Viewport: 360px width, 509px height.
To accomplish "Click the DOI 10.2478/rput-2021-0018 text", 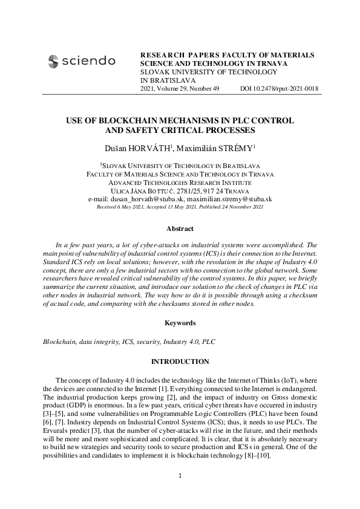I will tap(280, 89).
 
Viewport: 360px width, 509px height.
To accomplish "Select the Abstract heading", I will tap(180, 229).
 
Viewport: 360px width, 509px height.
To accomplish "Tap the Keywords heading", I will tap(180, 323).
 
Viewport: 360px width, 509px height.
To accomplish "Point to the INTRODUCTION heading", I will tap(180, 361).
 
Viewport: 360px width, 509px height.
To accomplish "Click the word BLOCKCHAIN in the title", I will tap(140, 120).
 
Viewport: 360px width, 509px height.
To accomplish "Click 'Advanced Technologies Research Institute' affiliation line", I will tap(180, 182).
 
